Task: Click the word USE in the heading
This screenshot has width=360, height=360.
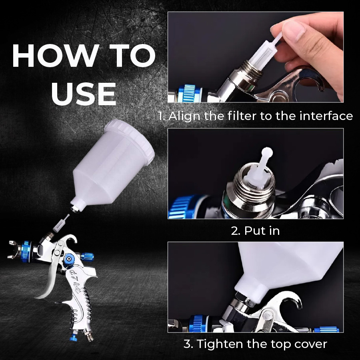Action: point(84,94)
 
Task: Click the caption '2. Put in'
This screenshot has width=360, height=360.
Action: point(255,230)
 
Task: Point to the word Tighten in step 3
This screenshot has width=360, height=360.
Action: point(220,344)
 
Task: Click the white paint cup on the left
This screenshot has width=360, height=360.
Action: point(112,165)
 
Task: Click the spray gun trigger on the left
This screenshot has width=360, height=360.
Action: point(49,282)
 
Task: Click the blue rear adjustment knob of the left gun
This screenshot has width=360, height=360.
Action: point(87,257)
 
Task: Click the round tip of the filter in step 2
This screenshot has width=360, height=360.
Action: point(267,152)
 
